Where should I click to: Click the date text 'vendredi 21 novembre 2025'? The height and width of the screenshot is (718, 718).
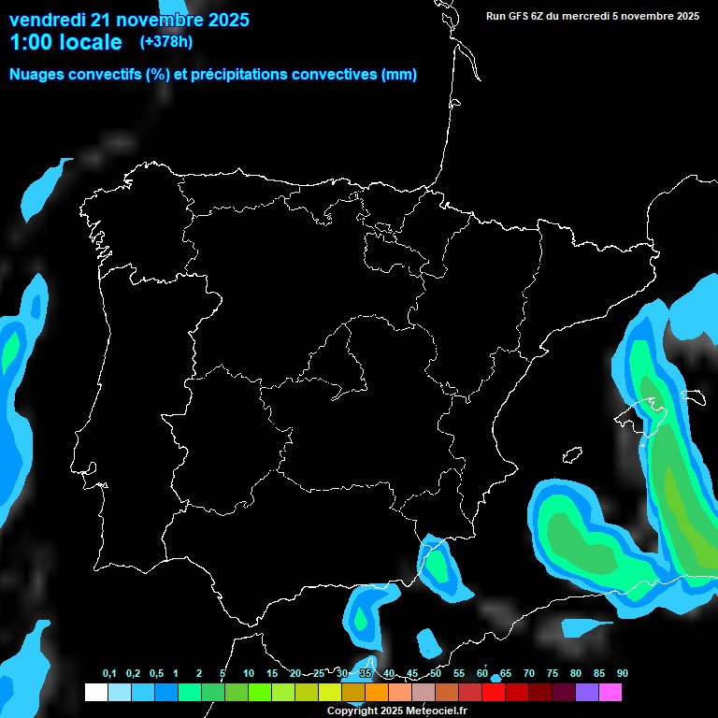pos(129,20)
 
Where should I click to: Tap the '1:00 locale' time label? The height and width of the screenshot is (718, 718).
pos(65,42)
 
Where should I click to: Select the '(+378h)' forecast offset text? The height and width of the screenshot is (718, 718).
pos(166,42)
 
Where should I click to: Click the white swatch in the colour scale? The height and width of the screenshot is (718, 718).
pos(95,693)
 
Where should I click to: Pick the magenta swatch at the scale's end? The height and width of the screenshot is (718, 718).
pos(610,693)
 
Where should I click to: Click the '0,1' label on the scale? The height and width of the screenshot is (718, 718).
pos(109,674)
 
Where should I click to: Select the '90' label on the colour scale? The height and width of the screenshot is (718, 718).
pos(622,674)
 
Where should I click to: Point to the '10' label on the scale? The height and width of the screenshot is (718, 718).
pos(248,674)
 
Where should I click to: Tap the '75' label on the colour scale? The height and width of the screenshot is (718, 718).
pos(552,674)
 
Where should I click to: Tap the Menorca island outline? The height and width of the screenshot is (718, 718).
pos(693,395)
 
